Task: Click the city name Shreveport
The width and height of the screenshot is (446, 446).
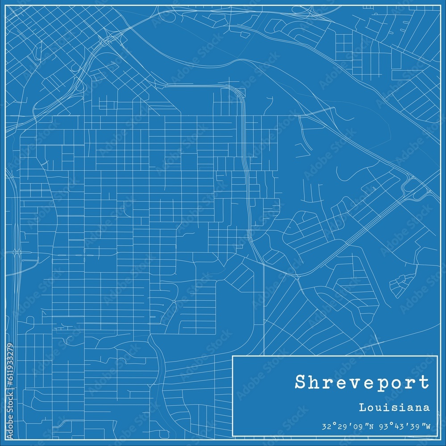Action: click(362, 383)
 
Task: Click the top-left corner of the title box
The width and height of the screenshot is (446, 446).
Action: click(233, 356)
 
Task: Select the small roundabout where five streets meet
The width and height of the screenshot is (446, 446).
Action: click(173, 302)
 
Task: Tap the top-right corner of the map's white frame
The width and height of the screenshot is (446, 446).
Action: click(441, 5)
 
